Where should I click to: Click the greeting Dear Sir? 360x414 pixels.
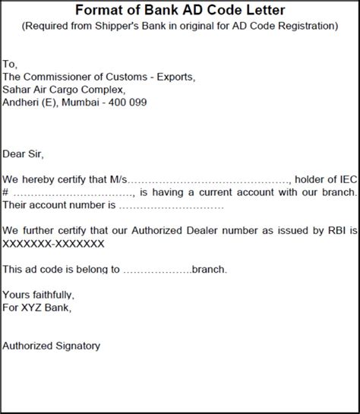(24, 154)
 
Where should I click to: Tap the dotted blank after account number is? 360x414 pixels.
(171, 205)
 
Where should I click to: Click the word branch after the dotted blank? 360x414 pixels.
(208, 268)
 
